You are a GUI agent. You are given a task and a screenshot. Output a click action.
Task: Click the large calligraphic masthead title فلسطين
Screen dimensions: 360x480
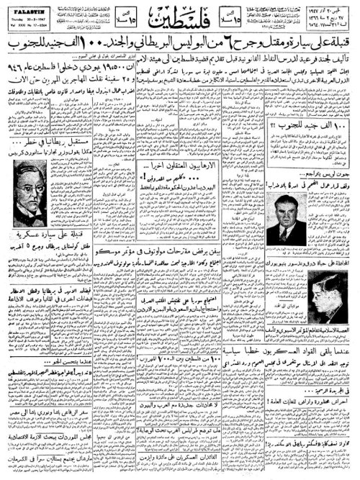(179, 19)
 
